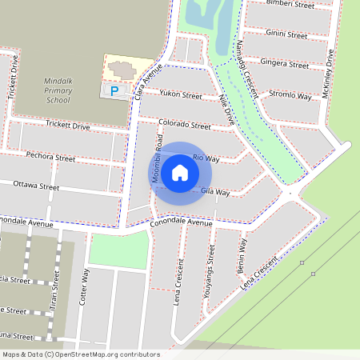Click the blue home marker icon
(180, 172)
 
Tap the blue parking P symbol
(114, 91)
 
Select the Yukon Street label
(181, 95)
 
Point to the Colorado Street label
(184, 125)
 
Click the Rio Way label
(206, 158)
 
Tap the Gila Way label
(215, 192)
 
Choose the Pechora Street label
(50, 157)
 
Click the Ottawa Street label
(37, 186)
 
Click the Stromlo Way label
(290, 95)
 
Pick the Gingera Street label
(286, 62)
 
